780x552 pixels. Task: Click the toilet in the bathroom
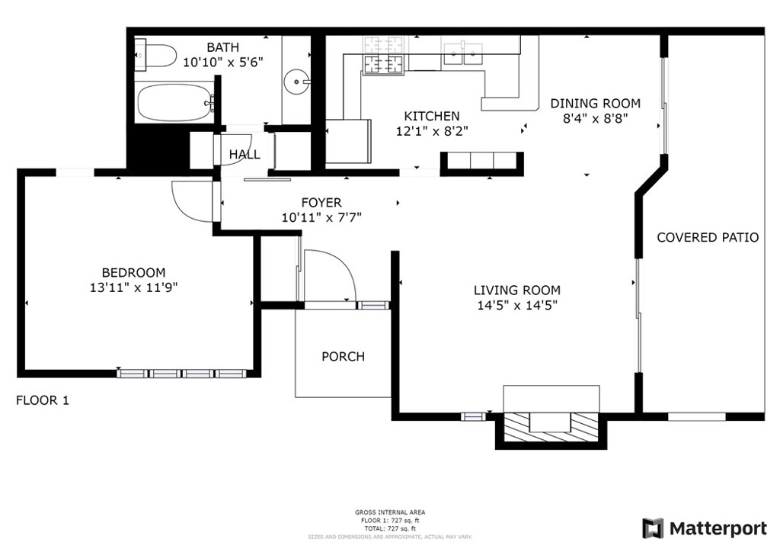[x=155, y=56]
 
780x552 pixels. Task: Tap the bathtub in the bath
[x=175, y=103]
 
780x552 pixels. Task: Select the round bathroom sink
[x=297, y=82]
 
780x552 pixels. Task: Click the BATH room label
[x=223, y=47]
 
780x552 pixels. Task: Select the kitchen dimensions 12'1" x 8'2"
[x=432, y=131]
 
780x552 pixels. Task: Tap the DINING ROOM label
[x=596, y=104]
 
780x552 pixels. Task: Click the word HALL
[x=245, y=154]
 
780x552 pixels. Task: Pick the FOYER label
[x=321, y=203]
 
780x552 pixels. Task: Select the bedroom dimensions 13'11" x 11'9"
[x=134, y=287]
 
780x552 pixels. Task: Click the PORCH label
[x=344, y=356]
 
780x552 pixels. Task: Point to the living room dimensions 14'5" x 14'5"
[x=517, y=305]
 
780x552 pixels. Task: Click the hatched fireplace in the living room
[x=551, y=427]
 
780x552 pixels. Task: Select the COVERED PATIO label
[x=708, y=237]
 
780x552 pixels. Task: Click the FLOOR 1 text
[x=43, y=400]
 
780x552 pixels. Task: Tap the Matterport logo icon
[x=653, y=528]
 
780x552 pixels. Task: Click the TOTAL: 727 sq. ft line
[x=390, y=528]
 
